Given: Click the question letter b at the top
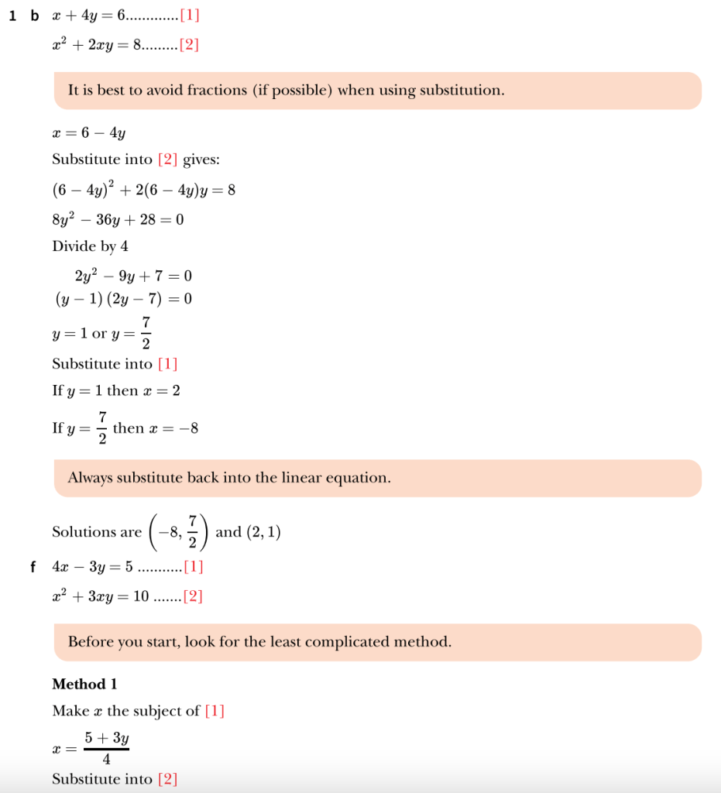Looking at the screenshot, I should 34,16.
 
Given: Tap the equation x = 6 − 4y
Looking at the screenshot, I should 89,133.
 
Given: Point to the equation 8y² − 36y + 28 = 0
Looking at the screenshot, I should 118,220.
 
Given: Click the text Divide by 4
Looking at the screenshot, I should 90,246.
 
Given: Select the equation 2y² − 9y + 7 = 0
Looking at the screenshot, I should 133,276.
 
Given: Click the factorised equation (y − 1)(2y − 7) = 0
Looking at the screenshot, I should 123,299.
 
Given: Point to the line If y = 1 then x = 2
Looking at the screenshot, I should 116,391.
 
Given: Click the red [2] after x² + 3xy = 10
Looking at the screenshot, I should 192,597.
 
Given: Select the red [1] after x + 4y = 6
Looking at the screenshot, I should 189,16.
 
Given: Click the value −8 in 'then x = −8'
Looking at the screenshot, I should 189,428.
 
